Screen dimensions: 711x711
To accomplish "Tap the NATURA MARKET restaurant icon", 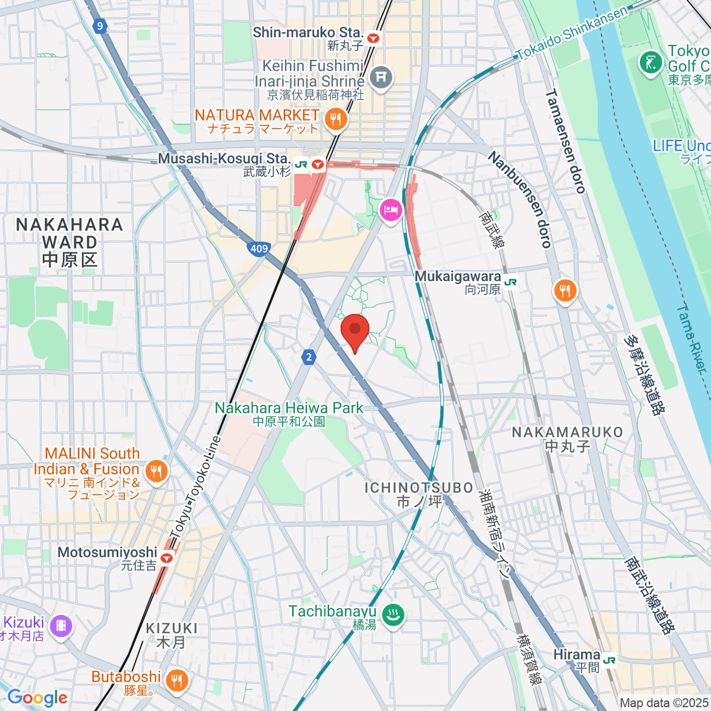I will pyautogui.click(x=337, y=120).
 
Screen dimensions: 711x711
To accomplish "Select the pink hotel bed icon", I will pyautogui.click(x=391, y=210).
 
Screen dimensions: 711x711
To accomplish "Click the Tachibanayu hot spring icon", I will pyautogui.click(x=392, y=615).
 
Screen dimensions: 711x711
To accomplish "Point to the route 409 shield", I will pyautogui.click(x=259, y=249).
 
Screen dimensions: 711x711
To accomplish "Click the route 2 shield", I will pyautogui.click(x=308, y=357).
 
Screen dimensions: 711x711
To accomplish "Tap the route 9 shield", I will pyautogui.click(x=100, y=25).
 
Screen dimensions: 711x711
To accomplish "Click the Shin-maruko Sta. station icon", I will pyautogui.click(x=373, y=39).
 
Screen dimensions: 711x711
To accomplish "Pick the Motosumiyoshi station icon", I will pyautogui.click(x=167, y=558).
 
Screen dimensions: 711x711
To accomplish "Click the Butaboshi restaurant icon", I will pyautogui.click(x=176, y=680).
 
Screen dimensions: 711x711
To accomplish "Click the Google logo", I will pyautogui.click(x=37, y=698).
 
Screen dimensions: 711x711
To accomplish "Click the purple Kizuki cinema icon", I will pyautogui.click(x=60, y=626).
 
